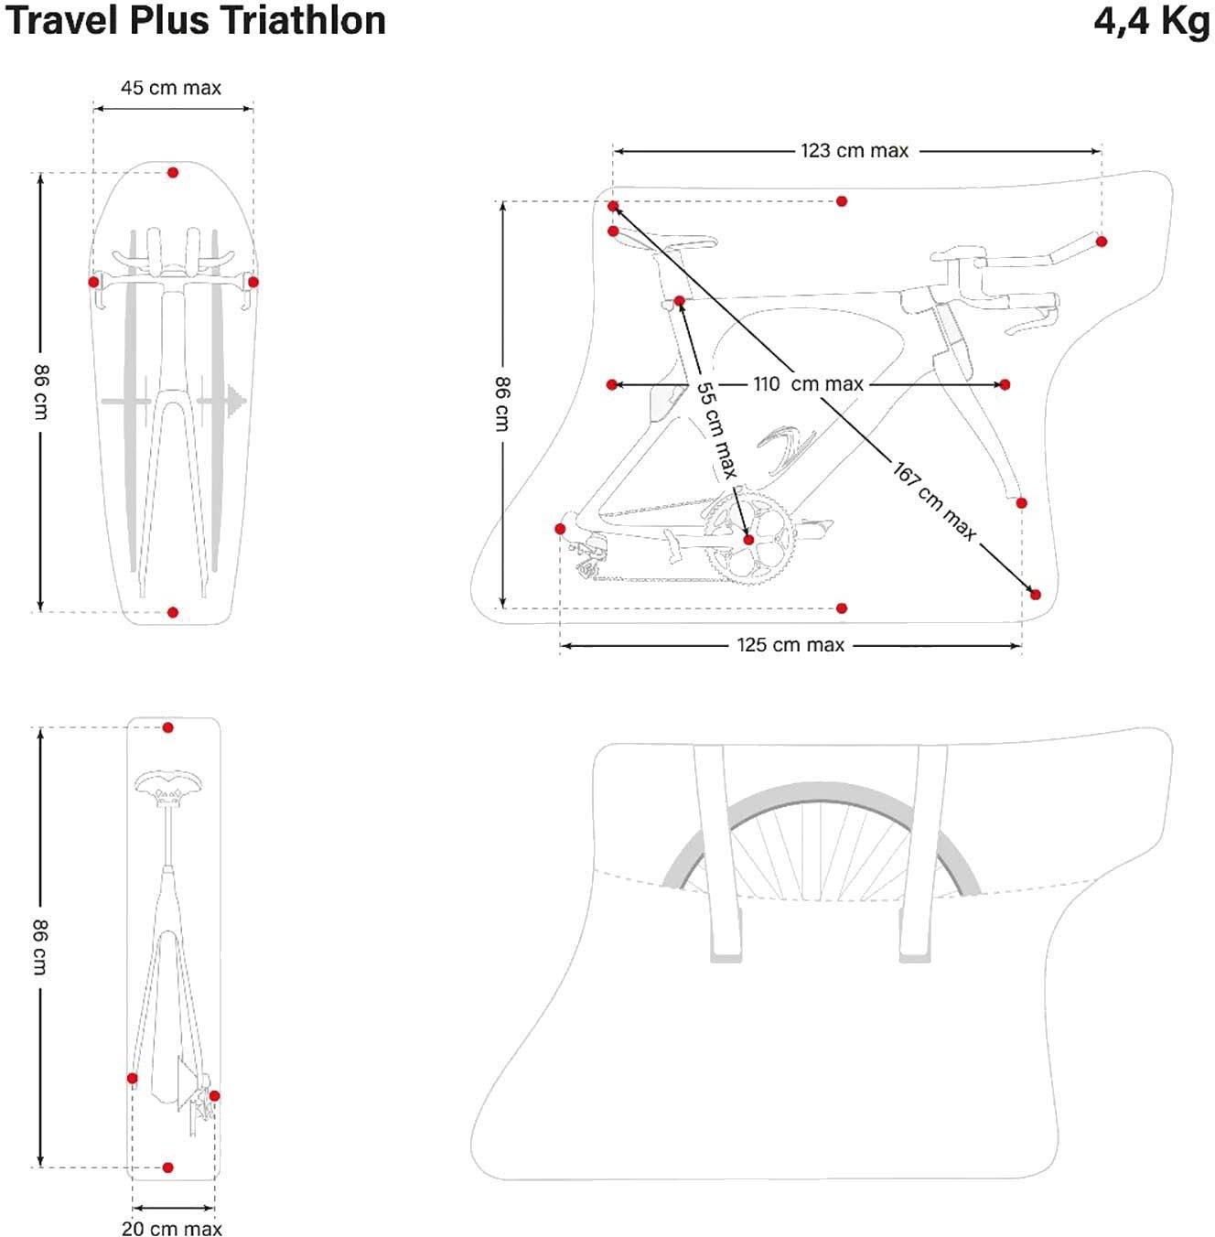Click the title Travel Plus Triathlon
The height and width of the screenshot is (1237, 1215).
[195, 20]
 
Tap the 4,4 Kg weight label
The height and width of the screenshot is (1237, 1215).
[1151, 20]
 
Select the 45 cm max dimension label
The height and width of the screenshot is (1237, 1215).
[171, 88]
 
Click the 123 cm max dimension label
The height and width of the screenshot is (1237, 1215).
[855, 150]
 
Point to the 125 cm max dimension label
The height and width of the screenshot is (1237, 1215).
[790, 645]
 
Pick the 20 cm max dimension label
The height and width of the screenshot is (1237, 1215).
[172, 1228]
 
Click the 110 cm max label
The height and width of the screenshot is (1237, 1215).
[808, 384]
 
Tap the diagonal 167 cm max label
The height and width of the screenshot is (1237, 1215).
[934, 501]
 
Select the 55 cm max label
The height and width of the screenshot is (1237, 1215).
[716, 429]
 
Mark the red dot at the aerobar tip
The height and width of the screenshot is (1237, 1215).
[1102, 242]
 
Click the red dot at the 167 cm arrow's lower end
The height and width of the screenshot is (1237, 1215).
[1036, 595]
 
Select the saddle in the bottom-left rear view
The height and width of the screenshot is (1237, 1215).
[167, 784]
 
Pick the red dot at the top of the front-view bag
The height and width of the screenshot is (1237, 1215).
[173, 172]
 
